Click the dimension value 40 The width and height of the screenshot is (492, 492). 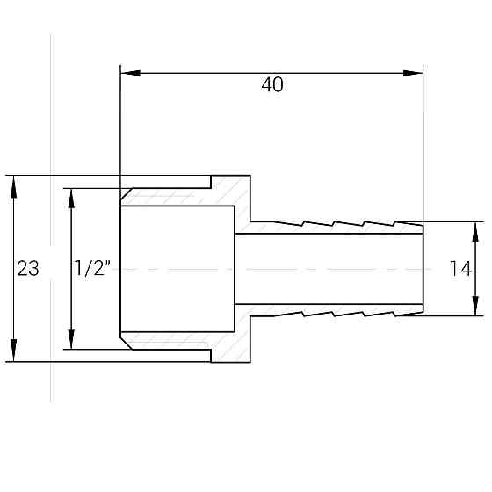tap(272, 85)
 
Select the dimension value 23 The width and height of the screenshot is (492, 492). tap(28, 269)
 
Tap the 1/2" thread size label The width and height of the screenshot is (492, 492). tap(91, 269)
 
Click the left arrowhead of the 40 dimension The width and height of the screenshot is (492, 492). tap(127, 72)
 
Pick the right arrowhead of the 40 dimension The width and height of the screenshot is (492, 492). tap(414, 72)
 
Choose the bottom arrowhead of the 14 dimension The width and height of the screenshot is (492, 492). tap(475, 307)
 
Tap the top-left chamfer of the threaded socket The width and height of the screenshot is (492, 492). tap(127, 196)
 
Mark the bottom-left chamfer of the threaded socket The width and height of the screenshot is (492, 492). tap(127, 341)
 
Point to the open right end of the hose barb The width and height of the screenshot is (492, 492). tap(423, 268)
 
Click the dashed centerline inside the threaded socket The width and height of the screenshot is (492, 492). tap(176, 268)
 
